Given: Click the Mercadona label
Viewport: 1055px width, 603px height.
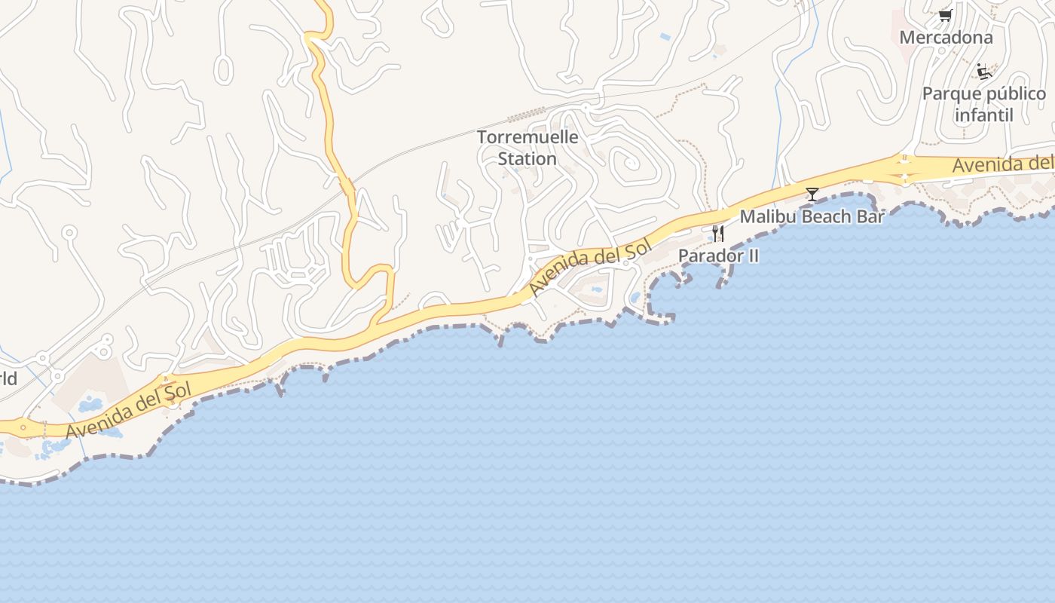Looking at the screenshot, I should (946, 37).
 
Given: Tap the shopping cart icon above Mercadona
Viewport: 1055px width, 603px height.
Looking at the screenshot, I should (945, 15).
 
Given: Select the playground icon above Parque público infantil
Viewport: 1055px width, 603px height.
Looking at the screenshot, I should (983, 72).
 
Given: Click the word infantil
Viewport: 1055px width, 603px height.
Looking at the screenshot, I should (983, 115).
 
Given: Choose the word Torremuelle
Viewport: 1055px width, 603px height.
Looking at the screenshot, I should (527, 137).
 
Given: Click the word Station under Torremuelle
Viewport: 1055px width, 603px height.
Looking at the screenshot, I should (527, 159).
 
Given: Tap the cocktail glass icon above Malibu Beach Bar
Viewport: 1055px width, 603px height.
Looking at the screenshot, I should (812, 194).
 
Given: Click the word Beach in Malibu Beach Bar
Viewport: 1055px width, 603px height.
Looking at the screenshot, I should (821, 217).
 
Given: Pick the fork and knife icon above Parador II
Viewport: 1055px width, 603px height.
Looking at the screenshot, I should (718, 234).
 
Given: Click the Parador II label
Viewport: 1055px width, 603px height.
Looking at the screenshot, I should (718, 256).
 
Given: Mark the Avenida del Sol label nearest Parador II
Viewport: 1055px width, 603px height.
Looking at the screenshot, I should (589, 268).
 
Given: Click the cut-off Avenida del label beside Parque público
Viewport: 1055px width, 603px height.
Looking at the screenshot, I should (1002, 165).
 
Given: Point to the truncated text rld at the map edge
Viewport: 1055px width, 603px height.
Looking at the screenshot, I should (8, 378).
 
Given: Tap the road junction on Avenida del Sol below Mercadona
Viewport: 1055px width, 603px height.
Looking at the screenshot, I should (904, 170).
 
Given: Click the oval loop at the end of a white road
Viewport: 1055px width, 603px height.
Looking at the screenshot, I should (223, 69).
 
